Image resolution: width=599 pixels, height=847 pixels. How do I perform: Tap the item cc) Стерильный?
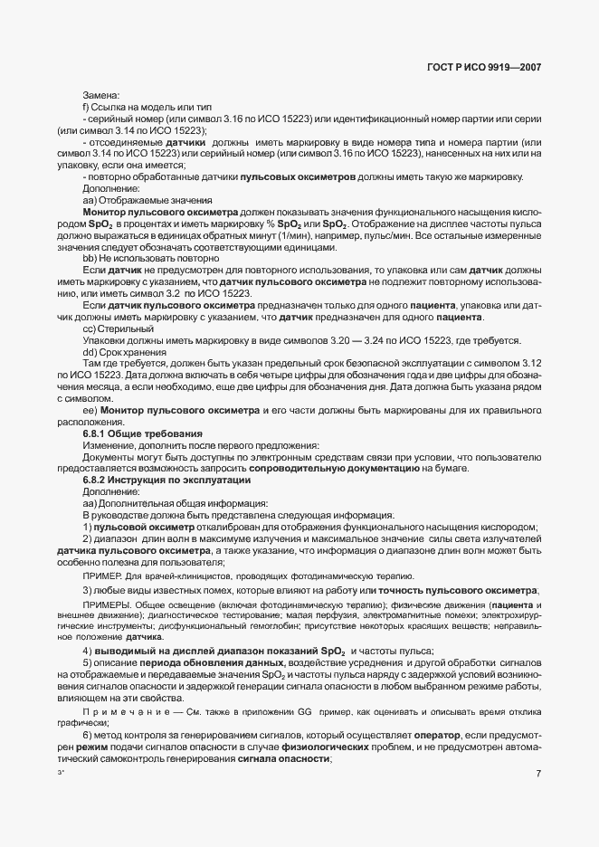pyautogui.click(x=118, y=328)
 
